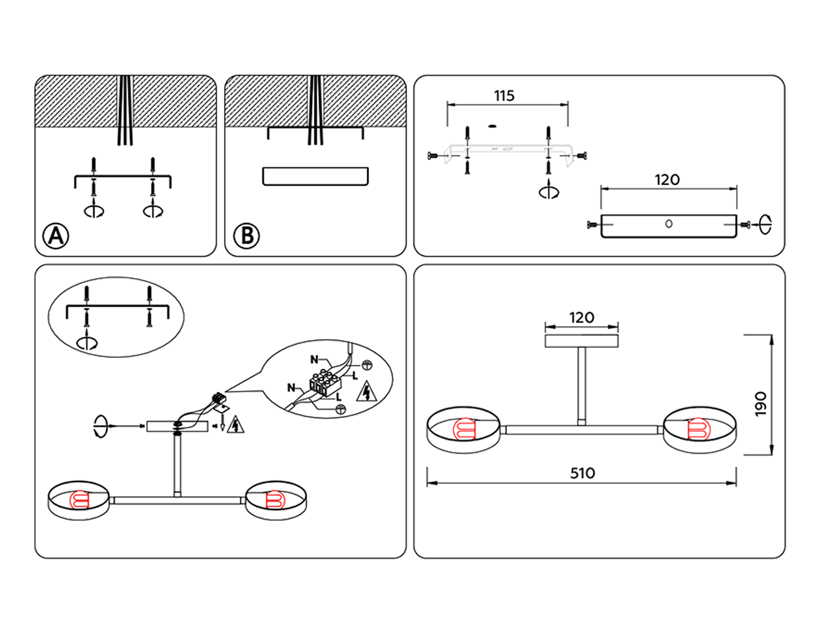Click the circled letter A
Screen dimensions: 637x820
pos(56,236)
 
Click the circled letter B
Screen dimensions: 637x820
pos(246,236)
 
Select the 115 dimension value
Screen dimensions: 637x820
pos(504,96)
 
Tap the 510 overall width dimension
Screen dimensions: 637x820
pos(582,473)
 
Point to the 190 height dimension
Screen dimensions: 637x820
pos(760,403)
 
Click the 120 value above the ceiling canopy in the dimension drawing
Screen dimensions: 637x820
pos(581,317)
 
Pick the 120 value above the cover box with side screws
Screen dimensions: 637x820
pos(667,180)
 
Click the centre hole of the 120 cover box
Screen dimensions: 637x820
pos(669,223)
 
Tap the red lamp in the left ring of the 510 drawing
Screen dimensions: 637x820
pos(464,429)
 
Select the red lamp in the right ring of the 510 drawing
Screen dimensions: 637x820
pos(699,429)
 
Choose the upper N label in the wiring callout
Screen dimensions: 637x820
pos(314,359)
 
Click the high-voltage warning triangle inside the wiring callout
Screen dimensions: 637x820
pos(367,392)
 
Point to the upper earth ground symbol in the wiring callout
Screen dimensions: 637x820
pos(367,365)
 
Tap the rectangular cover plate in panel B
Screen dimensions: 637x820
pos(315,176)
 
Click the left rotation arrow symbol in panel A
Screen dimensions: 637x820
pos(94,211)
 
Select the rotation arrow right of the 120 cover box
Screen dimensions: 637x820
pos(765,224)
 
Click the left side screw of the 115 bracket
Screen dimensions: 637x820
pos(433,156)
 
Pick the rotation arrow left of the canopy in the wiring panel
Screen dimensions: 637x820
pos(100,426)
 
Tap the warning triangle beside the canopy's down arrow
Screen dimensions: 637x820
pos(236,425)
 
